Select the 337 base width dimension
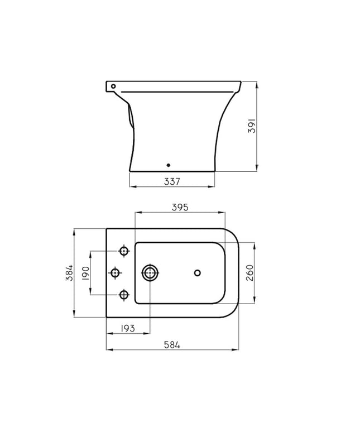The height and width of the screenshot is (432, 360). pos(172,181)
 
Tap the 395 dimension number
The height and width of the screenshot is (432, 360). pos(180,207)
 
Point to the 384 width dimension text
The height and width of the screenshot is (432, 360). pos(69,273)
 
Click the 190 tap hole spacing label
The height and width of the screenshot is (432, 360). pos(85,273)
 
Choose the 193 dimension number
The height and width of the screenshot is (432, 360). pos(128,328)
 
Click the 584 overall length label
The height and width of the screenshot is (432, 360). pos(172,345)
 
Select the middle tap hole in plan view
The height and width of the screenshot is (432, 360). pos(116,273)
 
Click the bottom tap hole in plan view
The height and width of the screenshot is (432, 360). pos(124,295)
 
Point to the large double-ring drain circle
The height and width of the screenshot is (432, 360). pos(150,273)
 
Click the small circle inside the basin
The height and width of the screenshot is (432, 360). pos(197,273)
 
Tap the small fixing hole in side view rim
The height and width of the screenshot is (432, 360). pos(113,87)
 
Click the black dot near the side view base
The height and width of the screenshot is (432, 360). pos(169,165)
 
